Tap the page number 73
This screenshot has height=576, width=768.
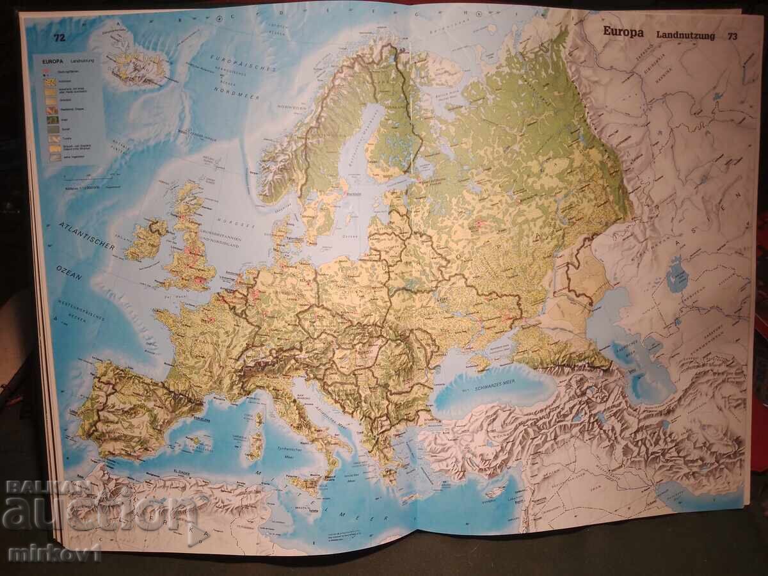point(732,36)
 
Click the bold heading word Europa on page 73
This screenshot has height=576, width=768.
point(623,33)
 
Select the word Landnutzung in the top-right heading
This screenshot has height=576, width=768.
point(685,36)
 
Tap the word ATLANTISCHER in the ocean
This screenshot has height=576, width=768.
point(86,236)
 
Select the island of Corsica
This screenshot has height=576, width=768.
point(259,420)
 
